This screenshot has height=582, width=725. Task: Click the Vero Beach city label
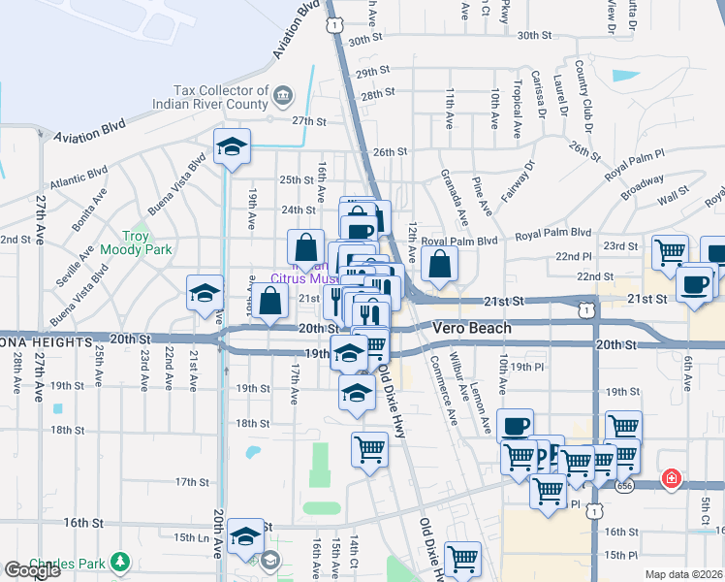point(472,328)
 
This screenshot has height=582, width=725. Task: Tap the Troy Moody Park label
point(147,242)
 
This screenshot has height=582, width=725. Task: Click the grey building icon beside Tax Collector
point(283,94)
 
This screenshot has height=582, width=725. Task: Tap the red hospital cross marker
point(670,478)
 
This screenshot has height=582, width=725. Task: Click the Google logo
point(32,571)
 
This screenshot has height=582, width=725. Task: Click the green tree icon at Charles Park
point(119,562)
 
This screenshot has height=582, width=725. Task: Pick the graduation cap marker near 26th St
point(232,147)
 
